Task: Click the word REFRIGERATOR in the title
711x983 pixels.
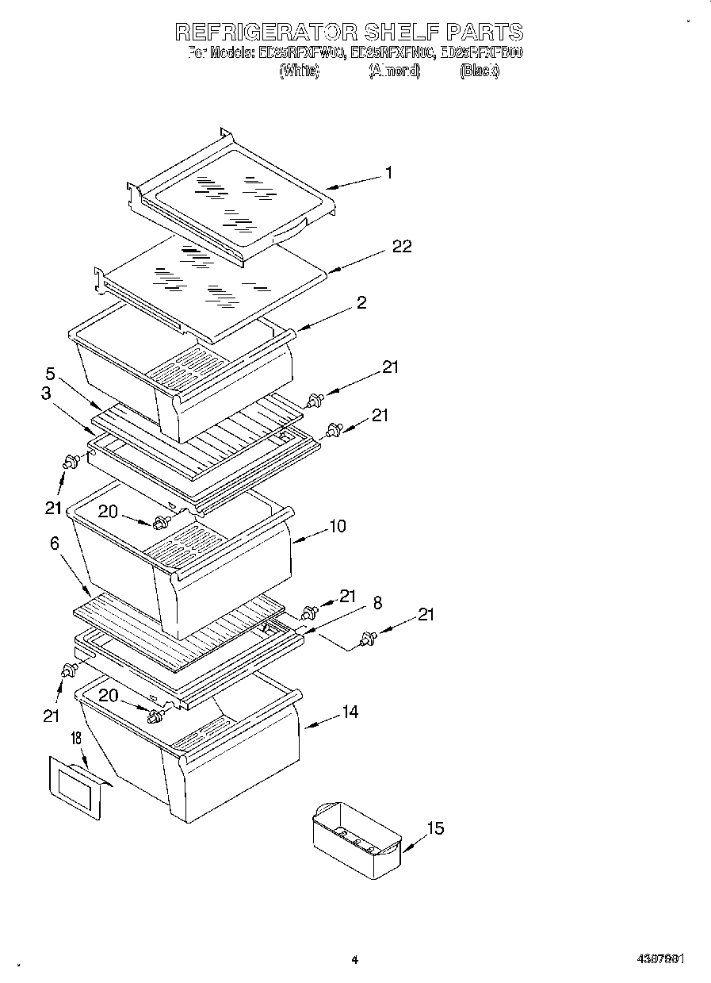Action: coord(265,32)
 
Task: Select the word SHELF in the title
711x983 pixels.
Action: coord(401,32)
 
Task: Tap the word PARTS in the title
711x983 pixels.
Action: coord(485,32)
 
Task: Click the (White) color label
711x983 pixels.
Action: coord(299,71)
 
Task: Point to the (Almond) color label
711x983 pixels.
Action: coord(394,71)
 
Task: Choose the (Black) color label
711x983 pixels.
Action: coord(480,71)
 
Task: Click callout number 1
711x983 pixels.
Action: coord(389,172)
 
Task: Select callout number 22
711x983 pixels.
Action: coord(402,247)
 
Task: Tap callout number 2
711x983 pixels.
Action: coord(361,302)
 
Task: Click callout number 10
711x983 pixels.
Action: coord(338,526)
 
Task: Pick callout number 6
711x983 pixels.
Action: coord(54,543)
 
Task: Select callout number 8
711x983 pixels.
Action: coord(377,603)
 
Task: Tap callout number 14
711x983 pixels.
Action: coord(350,712)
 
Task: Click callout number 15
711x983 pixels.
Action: coord(435,829)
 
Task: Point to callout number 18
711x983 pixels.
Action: coord(76,738)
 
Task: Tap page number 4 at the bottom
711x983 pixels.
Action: coord(355,960)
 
